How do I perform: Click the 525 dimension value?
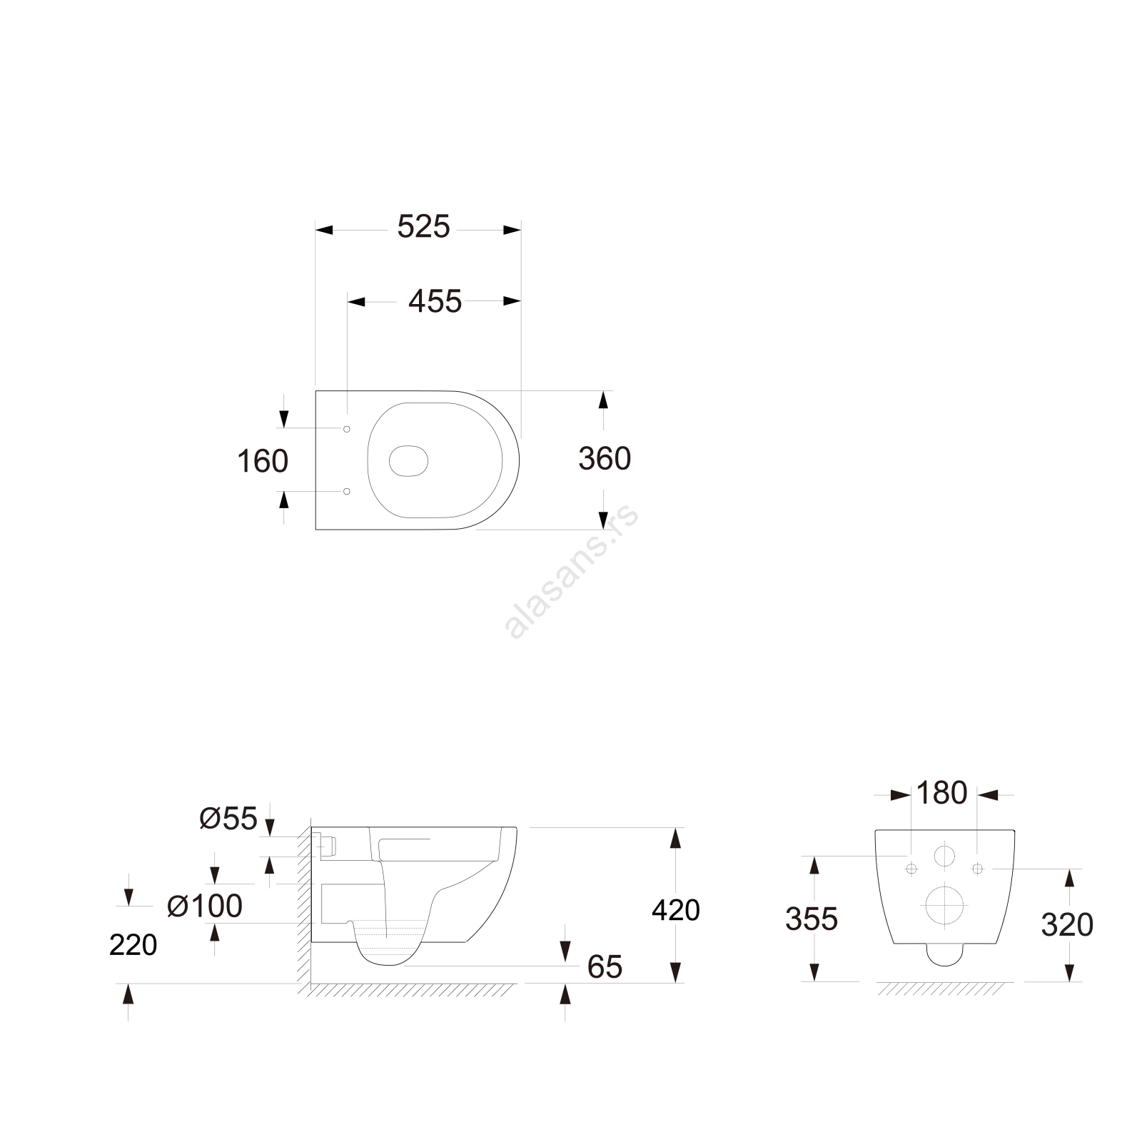424,226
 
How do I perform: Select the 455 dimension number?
435,301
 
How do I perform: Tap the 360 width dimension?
605,458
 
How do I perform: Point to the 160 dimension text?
263,461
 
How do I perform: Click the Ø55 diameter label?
228,819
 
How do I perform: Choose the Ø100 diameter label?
205,906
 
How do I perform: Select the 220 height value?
133,944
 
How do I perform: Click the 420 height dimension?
676,910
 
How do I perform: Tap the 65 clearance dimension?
605,966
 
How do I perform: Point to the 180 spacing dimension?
941,793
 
